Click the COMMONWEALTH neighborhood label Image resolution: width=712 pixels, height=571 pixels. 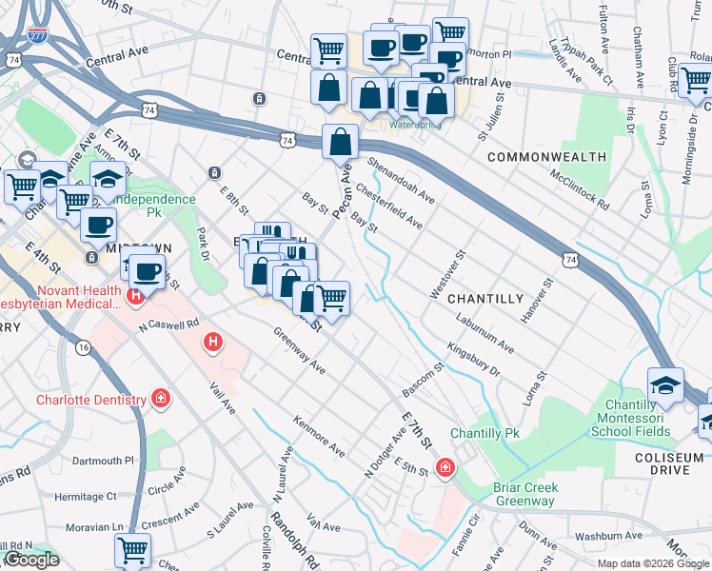(x=545, y=156)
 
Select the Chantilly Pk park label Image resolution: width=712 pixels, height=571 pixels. (x=485, y=433)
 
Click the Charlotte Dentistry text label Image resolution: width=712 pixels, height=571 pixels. (x=90, y=400)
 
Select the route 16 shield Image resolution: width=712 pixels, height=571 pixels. (x=84, y=348)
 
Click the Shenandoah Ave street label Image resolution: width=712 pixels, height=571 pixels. (x=400, y=181)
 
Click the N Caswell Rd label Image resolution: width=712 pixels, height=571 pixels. (x=168, y=324)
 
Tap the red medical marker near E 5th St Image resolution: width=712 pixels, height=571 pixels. (x=445, y=467)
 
